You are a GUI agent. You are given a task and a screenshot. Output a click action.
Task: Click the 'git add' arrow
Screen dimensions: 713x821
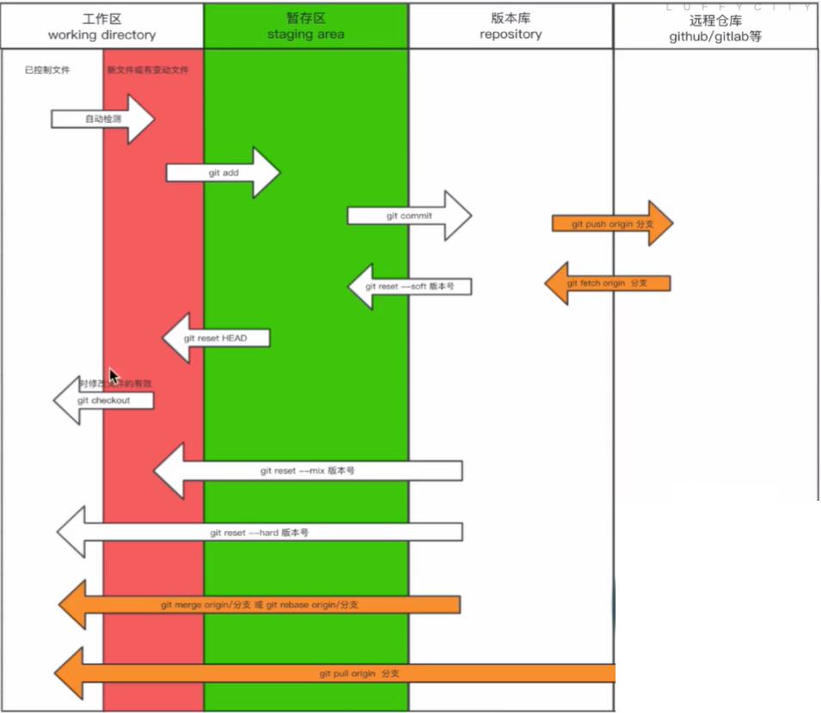pos(224,173)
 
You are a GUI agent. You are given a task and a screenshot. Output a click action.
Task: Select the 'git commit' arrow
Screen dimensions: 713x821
pos(409,216)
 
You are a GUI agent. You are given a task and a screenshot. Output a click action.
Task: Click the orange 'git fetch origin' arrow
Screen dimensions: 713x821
pos(607,283)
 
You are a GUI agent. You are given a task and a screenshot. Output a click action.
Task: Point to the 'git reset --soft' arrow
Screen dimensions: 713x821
pos(409,286)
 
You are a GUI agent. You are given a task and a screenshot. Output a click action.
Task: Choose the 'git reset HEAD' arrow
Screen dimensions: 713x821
pos(216,338)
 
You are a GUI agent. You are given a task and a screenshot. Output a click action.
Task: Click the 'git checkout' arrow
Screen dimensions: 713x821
pos(103,400)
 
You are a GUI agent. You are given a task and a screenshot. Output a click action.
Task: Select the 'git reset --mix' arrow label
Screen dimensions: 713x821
pos(307,471)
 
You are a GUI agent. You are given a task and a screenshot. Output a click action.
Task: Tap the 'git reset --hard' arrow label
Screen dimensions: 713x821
pos(259,533)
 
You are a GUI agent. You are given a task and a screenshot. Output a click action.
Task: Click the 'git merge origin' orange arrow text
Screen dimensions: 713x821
pos(259,605)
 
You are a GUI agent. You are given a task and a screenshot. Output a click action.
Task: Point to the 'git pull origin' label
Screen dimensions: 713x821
pos(358,673)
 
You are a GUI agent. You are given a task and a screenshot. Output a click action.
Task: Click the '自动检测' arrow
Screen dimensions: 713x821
pos(102,119)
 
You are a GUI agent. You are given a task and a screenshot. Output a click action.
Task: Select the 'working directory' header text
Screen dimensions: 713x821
pos(101,35)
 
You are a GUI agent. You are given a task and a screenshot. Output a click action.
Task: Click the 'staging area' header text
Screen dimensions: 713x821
pos(305,34)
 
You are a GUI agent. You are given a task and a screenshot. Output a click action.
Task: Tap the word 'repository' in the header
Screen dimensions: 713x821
pos(511,34)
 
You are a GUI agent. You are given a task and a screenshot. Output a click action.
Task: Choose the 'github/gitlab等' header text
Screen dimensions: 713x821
pos(714,36)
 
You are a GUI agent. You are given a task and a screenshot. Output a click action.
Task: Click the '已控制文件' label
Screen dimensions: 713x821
pos(47,70)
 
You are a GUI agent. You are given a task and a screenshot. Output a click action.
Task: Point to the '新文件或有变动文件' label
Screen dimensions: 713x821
pos(148,70)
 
